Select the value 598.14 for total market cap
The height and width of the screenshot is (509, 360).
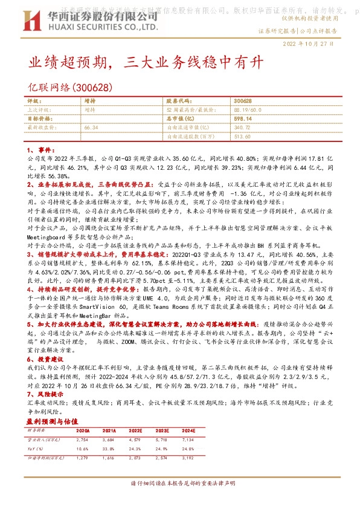(243, 119)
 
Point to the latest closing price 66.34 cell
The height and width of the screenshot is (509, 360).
(91, 128)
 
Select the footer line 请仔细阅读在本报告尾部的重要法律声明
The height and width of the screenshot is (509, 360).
(179, 484)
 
